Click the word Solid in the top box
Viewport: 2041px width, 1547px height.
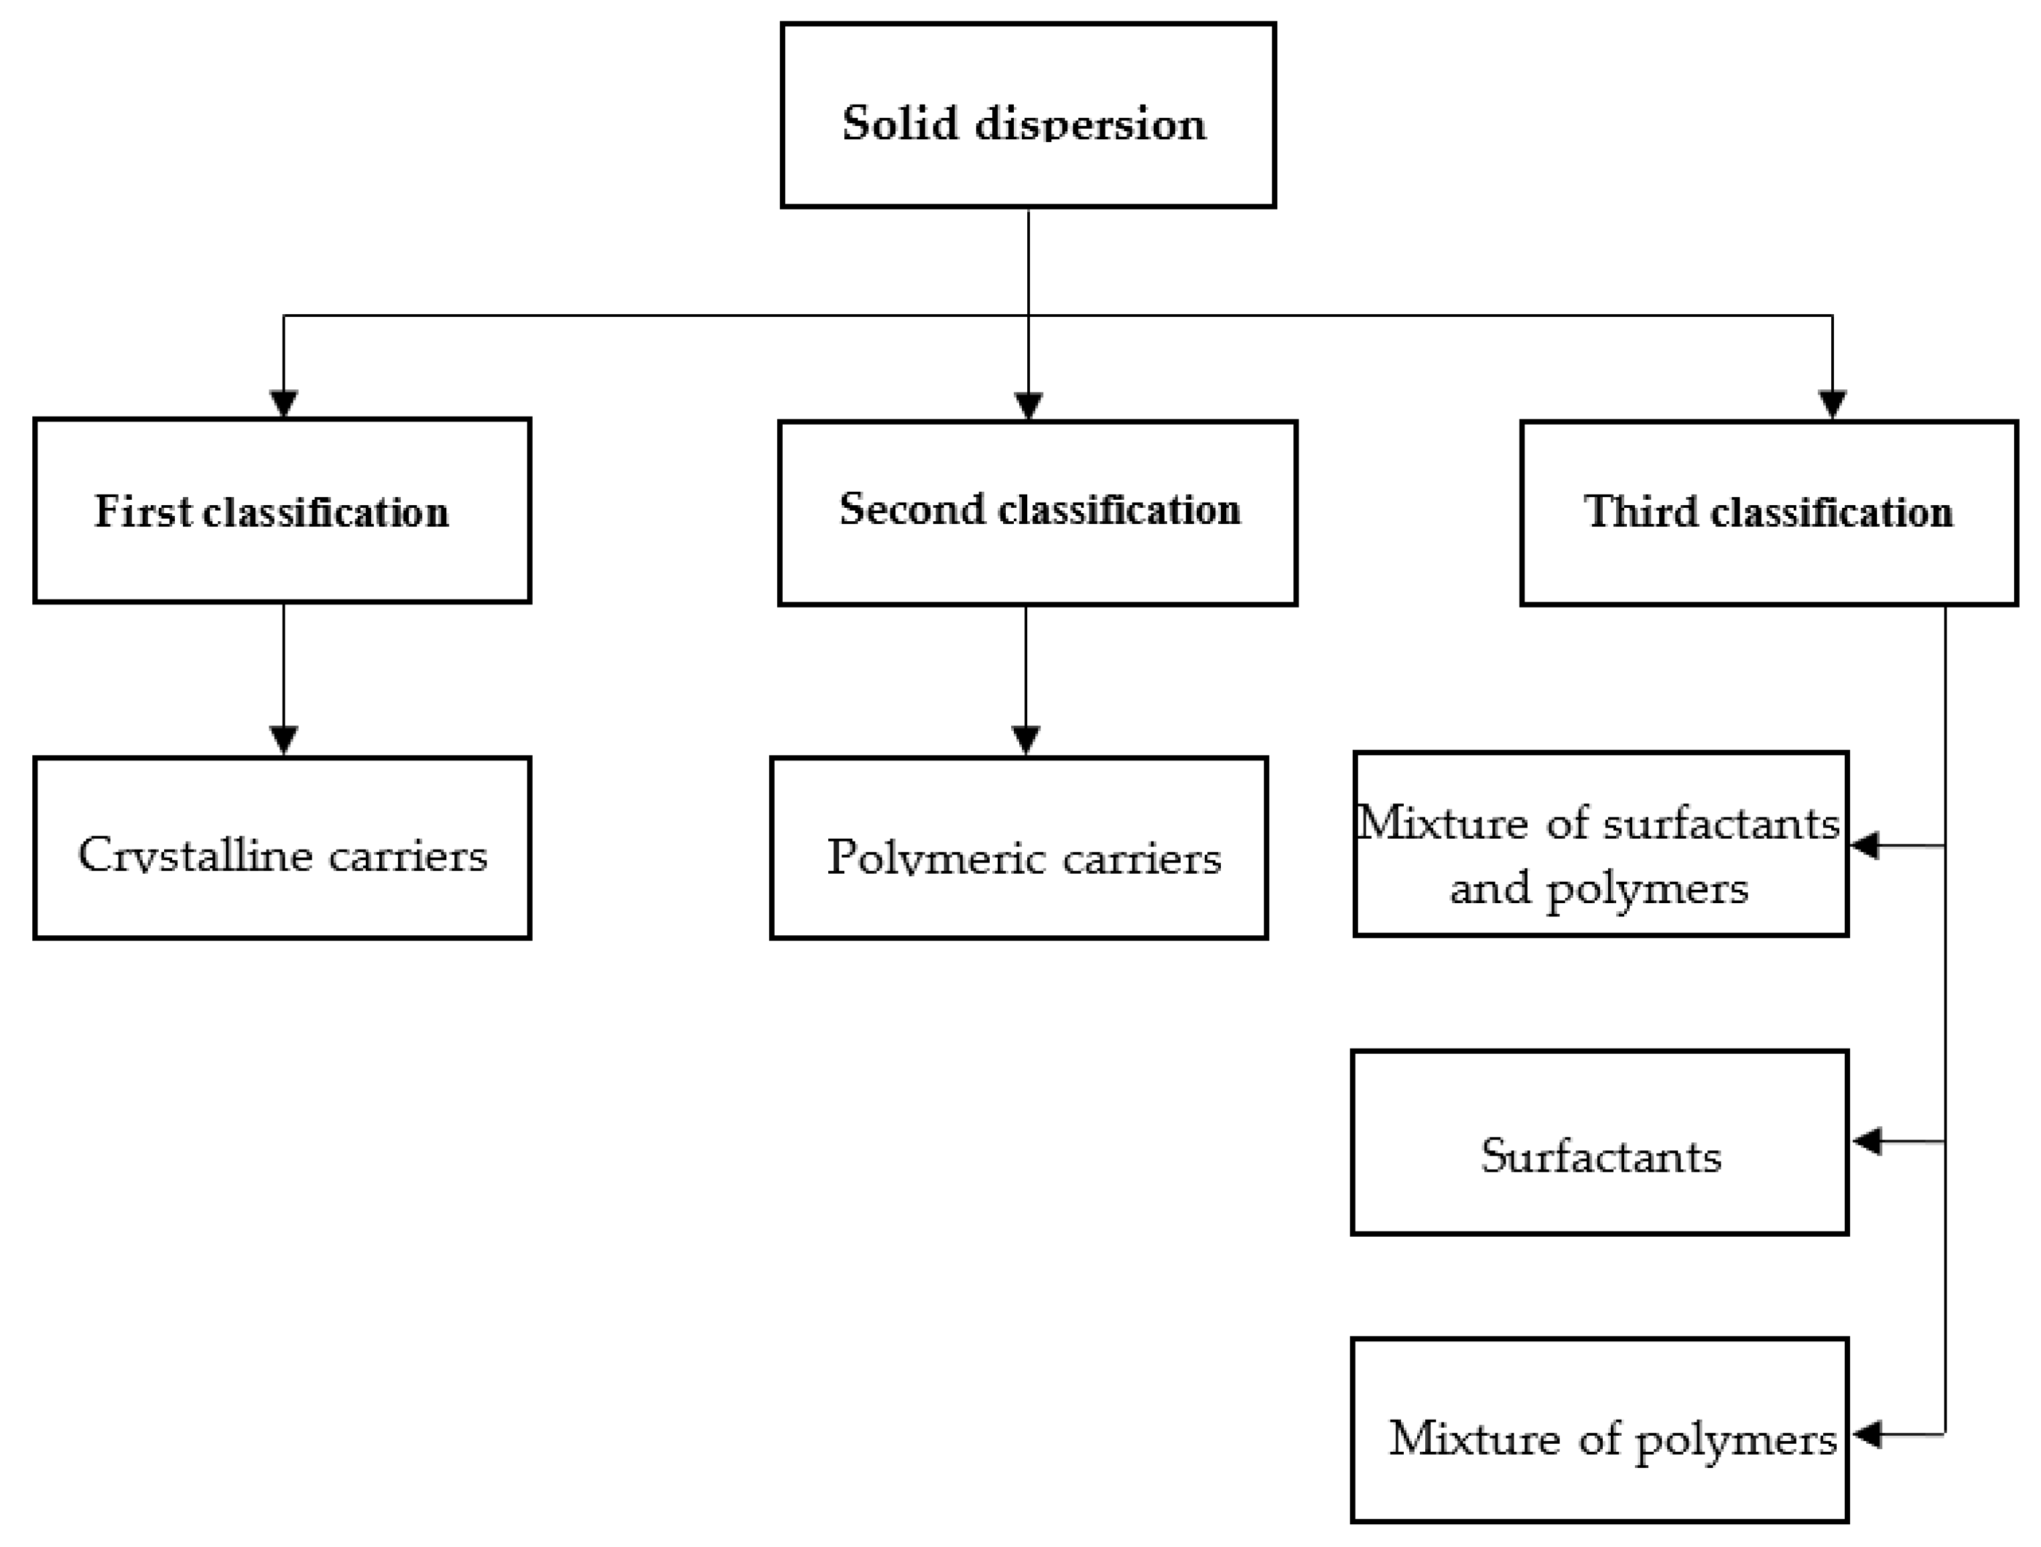(900, 123)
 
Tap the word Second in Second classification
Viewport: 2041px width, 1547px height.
(912, 509)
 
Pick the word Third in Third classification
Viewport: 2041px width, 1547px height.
(1640, 512)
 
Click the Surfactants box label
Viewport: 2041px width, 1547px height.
(1601, 1156)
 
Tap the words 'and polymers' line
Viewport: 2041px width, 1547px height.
(1599, 888)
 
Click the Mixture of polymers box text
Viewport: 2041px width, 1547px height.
(1612, 1438)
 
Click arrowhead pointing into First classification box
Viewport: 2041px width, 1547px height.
(283, 405)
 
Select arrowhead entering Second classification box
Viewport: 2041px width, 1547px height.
(1028, 407)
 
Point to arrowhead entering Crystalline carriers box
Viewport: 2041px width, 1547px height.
(283, 740)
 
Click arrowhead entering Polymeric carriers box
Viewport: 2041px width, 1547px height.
(1026, 740)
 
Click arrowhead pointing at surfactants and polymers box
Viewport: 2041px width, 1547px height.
(1865, 845)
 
